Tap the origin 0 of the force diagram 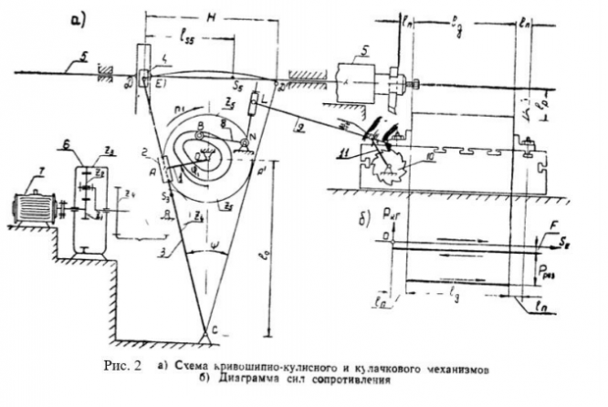[x=387, y=240]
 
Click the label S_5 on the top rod [x=240, y=80]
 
